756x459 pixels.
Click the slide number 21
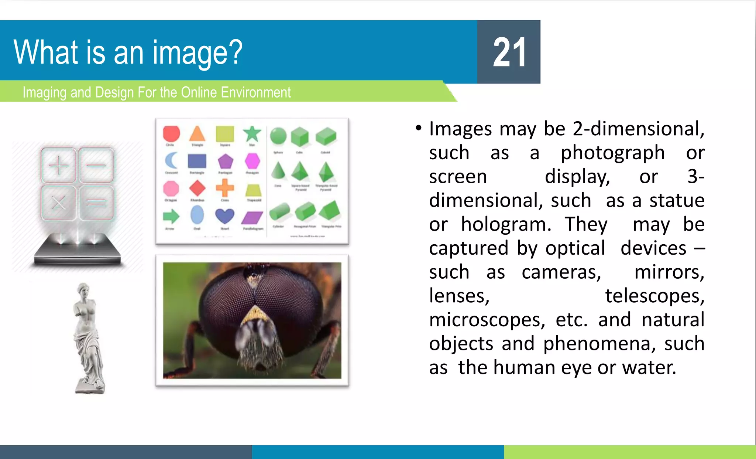point(509,52)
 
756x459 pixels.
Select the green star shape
point(252,134)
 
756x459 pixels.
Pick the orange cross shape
point(225,188)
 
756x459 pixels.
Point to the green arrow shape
point(171,216)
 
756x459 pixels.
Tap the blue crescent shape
point(171,161)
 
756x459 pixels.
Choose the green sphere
point(278,136)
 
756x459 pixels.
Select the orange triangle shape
point(197,134)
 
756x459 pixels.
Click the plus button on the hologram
point(59,165)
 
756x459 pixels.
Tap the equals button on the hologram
point(96,203)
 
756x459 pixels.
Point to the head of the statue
point(84,290)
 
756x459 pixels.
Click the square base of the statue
point(90,388)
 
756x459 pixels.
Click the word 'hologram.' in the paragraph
point(506,224)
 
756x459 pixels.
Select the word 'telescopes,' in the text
point(654,296)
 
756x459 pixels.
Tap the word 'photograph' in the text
point(613,153)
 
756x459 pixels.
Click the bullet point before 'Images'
point(418,128)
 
